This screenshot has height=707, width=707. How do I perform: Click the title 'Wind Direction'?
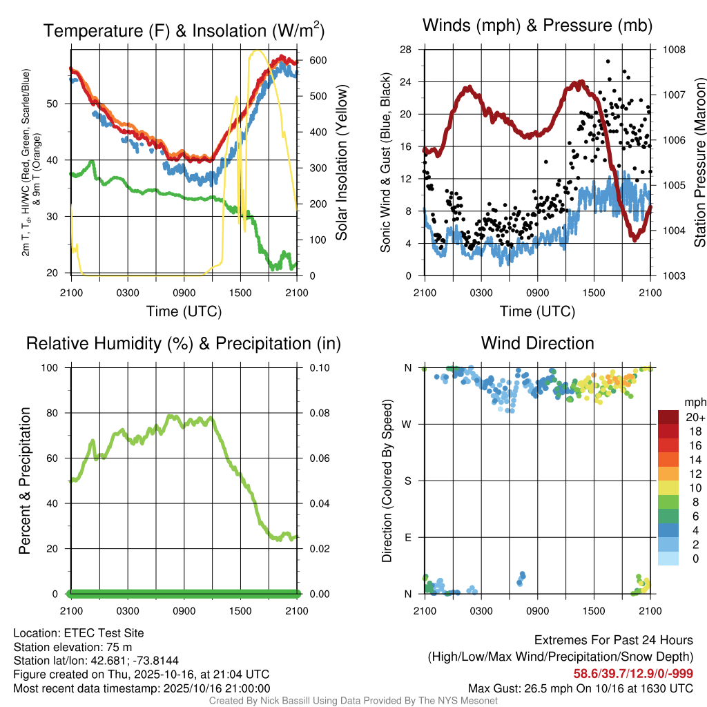point(537,343)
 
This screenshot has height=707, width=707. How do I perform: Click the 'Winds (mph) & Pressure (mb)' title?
point(537,26)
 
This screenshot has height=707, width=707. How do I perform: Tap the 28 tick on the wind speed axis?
point(405,50)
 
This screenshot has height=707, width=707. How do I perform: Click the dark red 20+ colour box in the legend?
point(668,418)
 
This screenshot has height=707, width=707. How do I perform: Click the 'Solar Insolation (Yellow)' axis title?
point(342,163)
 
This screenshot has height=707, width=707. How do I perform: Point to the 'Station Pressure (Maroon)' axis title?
point(699,163)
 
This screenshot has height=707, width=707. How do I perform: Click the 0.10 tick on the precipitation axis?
point(319,367)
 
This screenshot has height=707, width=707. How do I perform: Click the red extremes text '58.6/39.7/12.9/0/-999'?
point(633,673)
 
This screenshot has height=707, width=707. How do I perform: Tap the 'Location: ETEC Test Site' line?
point(79,632)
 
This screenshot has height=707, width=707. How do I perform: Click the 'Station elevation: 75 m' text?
point(72,646)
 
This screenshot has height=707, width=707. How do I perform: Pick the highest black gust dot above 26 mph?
point(608,61)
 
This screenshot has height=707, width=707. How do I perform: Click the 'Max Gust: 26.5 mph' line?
point(581,688)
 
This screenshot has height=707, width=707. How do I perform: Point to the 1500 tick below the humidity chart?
point(240,610)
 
